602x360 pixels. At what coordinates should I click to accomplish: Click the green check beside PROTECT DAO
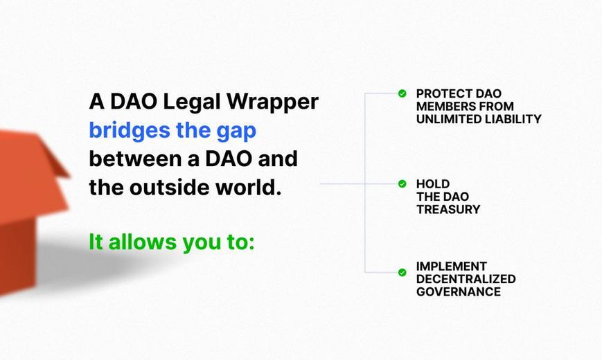pyautogui.click(x=402, y=93)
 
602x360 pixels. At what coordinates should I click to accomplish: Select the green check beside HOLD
pyautogui.click(x=402, y=184)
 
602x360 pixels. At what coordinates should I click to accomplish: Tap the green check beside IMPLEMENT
pyautogui.click(x=402, y=273)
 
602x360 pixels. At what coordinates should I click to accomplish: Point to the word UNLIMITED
pyautogui.click(x=449, y=119)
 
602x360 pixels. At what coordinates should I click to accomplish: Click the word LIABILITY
pyautogui.click(x=513, y=119)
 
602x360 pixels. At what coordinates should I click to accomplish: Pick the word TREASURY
pyautogui.click(x=448, y=209)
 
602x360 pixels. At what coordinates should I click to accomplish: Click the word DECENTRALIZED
pyautogui.click(x=466, y=279)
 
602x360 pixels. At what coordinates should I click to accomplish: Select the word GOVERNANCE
pyautogui.click(x=459, y=291)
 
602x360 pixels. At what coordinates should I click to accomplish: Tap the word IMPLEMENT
pyautogui.click(x=452, y=267)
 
